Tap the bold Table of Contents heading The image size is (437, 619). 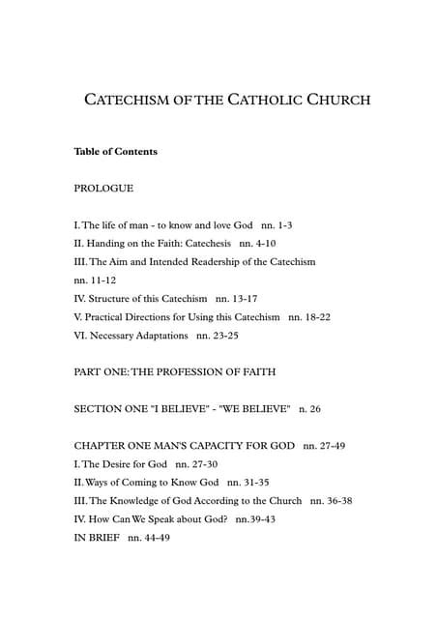(x=115, y=152)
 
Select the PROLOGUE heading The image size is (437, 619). (x=103, y=189)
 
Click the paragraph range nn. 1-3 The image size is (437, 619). (x=277, y=225)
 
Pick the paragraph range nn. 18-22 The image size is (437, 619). (x=309, y=317)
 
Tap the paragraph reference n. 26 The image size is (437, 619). (x=309, y=409)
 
